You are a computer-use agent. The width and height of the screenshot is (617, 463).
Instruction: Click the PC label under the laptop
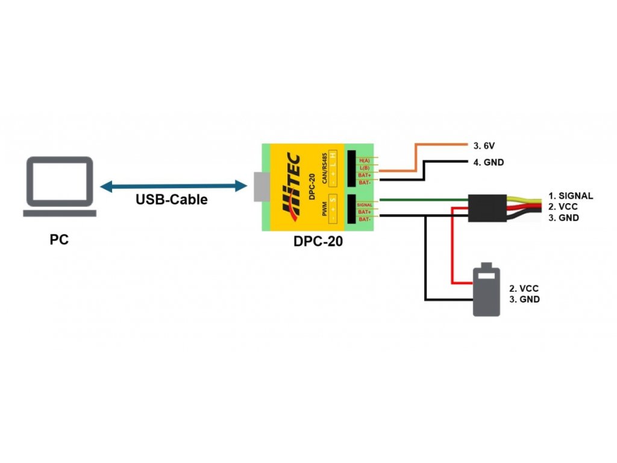pyautogui.click(x=59, y=240)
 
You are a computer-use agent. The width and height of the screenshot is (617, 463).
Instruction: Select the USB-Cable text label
pyautogui.click(x=171, y=200)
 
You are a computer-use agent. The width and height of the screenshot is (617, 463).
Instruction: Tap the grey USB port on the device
pyautogui.click(x=260, y=186)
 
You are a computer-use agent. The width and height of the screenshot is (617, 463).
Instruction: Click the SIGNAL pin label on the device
pyautogui.click(x=365, y=205)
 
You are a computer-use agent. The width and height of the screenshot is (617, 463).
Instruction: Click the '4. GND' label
pyautogui.click(x=488, y=162)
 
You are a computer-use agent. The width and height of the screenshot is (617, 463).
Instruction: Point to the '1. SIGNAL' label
pyautogui.click(x=571, y=196)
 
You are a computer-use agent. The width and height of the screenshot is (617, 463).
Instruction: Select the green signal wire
pyautogui.click(x=422, y=200)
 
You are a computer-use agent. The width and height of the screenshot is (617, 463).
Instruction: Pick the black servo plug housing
pyautogui.click(x=487, y=207)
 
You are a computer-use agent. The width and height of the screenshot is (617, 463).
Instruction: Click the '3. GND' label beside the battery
pyautogui.click(x=524, y=299)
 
